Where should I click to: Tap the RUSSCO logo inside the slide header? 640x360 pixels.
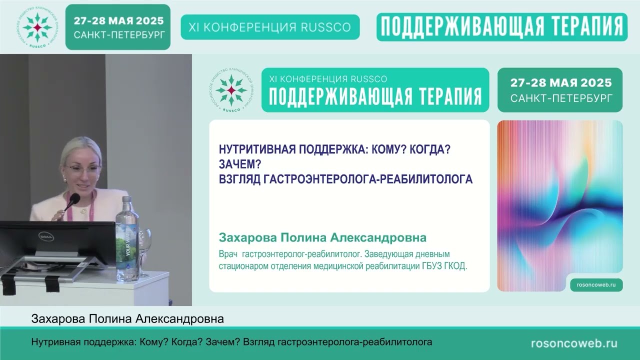pos(231,90)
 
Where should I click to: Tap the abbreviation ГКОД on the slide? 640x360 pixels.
pos(455,266)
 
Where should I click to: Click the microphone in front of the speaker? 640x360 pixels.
pos(72,201)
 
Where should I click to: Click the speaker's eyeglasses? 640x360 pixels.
pos(83,169)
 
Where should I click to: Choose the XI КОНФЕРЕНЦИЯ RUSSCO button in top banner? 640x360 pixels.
pos(270,27)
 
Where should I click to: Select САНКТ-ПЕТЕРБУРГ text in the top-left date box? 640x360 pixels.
pos(118,35)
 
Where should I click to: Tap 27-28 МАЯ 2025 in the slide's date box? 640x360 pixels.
pos(560,83)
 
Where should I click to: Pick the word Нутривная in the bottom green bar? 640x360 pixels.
pos(54,342)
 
